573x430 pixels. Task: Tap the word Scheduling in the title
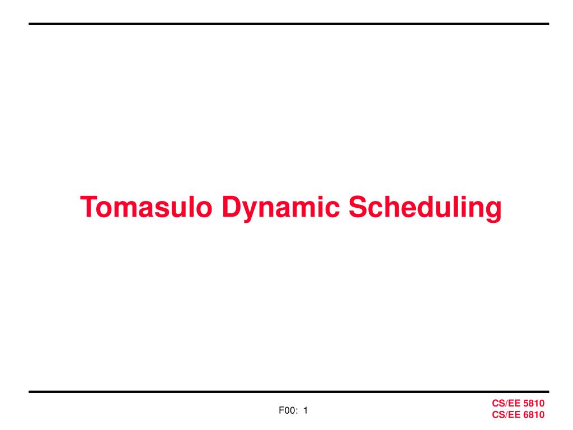click(x=425, y=208)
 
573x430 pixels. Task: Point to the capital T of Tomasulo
click(x=87, y=208)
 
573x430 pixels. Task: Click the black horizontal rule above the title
click(x=289, y=24)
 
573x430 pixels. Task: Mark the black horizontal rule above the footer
click(x=289, y=392)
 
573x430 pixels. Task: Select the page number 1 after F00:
click(x=306, y=412)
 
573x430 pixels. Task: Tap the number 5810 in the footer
click(x=534, y=404)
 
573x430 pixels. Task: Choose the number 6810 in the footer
click(x=534, y=415)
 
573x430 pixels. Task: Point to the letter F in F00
click(x=281, y=412)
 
